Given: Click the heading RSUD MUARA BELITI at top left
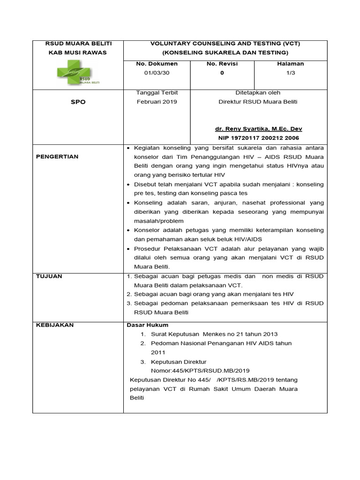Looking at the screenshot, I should tap(77, 43).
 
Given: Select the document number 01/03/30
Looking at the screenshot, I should tap(156, 73).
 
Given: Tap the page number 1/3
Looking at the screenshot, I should tap(291, 73).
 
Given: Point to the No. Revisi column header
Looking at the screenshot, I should tap(222, 64).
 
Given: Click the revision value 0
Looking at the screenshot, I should tap(222, 73).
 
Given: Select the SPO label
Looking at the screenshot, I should tap(78, 102).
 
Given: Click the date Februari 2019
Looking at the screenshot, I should tap(157, 102).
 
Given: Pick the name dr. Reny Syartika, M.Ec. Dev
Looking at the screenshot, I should tap(259, 128).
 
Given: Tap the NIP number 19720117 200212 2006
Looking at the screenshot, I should tap(259, 138).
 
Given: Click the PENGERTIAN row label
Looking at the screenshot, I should tap(57, 156).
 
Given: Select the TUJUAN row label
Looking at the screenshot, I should tap(49, 277).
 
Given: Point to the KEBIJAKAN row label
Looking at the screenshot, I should tap(55, 325).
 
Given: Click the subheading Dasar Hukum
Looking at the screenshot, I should tap(148, 325).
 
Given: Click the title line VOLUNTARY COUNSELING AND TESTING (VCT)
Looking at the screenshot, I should tap(225, 43).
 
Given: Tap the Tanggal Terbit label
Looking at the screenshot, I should tap(157, 92).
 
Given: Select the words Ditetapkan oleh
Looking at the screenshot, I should tap(258, 92).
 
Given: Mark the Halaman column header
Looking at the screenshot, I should tap(291, 64).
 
